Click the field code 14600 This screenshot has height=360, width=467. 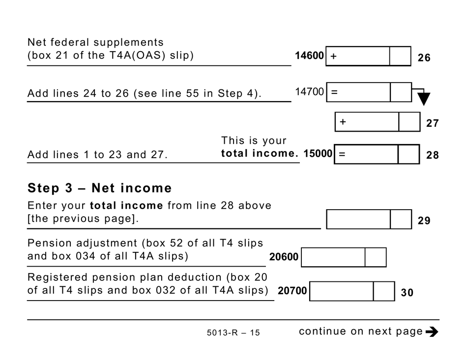click(x=309, y=56)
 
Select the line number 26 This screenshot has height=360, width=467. click(x=424, y=58)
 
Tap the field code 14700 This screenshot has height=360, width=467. click(x=309, y=92)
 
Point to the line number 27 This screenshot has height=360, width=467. click(x=432, y=123)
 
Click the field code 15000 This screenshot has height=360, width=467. click(x=318, y=154)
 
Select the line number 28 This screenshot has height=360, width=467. click(x=432, y=155)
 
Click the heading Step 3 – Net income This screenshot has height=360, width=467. click(x=100, y=188)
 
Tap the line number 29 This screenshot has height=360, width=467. click(x=424, y=221)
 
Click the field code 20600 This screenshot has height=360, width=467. click(x=284, y=257)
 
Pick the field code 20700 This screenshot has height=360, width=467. click(x=292, y=291)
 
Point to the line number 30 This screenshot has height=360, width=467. click(x=407, y=293)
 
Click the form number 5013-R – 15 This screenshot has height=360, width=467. click(x=233, y=333)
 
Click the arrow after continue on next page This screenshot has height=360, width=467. click(x=432, y=332)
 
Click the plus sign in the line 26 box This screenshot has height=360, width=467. click(x=334, y=56)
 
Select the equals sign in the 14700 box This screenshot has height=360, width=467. click(x=334, y=92)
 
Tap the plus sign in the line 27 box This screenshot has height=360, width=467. click(x=343, y=122)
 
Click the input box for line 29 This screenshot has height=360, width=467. click(x=358, y=219)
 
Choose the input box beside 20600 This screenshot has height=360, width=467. click(x=333, y=257)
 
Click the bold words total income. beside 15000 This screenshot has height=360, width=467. click(x=260, y=154)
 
